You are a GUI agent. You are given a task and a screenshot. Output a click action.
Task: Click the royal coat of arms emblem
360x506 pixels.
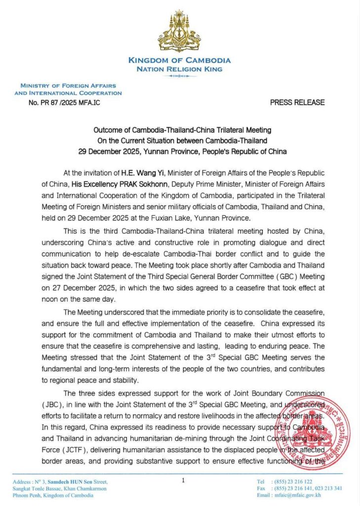tap(179, 32)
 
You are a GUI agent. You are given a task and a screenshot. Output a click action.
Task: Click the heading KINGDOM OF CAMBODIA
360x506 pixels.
tap(179, 60)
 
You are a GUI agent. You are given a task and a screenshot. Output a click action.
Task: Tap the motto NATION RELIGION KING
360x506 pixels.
tap(179, 69)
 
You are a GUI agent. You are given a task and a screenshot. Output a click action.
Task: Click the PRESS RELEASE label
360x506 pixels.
tap(297, 102)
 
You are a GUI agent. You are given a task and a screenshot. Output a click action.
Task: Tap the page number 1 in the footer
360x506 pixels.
tap(183, 479)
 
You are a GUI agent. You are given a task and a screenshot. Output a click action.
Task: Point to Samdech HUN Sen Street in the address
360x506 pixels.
tap(82, 481)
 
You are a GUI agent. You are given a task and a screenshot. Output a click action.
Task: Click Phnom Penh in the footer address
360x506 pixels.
tap(27, 495)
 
